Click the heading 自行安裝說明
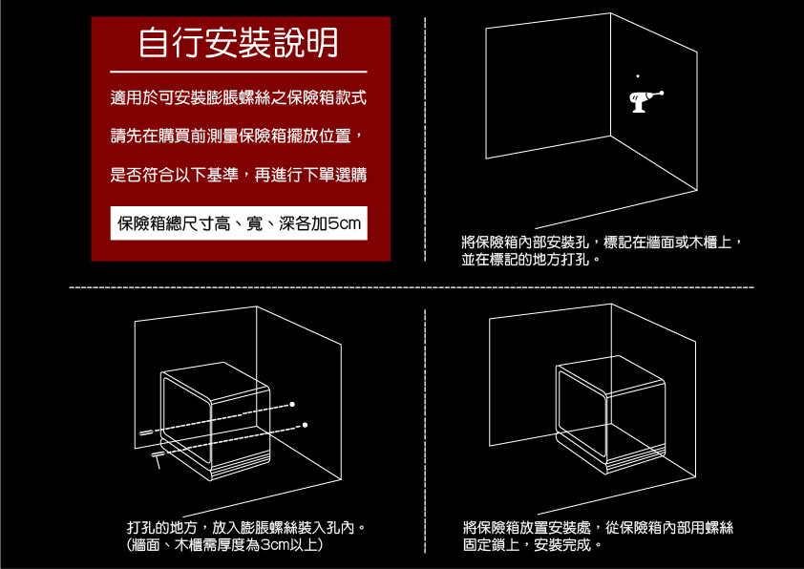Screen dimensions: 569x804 [x=238, y=42]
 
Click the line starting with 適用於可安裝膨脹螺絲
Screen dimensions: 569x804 [x=238, y=98]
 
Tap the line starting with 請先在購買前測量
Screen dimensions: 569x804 [x=238, y=137]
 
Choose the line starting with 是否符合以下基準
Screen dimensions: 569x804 [x=238, y=175]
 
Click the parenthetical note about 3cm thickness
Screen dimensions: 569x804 [x=223, y=545]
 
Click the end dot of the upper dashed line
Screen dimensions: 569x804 [x=292, y=405]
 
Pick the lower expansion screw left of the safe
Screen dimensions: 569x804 [x=159, y=455]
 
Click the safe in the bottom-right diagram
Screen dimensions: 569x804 [x=607, y=415]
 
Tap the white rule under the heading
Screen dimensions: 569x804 [x=238, y=72]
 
